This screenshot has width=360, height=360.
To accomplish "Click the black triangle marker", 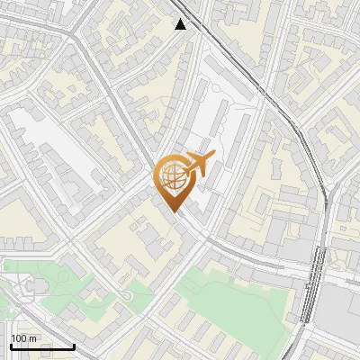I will click(181, 24).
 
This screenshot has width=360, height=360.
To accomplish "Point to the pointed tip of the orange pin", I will click(175, 212).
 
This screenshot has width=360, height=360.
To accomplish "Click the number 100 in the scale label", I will click(19, 338).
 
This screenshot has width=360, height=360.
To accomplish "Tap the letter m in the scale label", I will click(33, 338).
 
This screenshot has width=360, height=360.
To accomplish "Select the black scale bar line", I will click(41, 346).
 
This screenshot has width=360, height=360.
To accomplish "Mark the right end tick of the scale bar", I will click(74, 345).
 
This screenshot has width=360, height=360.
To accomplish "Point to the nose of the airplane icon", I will click(213, 157).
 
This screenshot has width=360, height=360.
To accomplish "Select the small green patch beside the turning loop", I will click(135, 292).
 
